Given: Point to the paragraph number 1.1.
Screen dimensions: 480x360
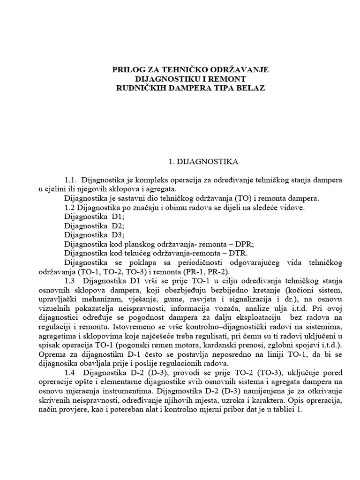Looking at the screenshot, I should click(x=72, y=180).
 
